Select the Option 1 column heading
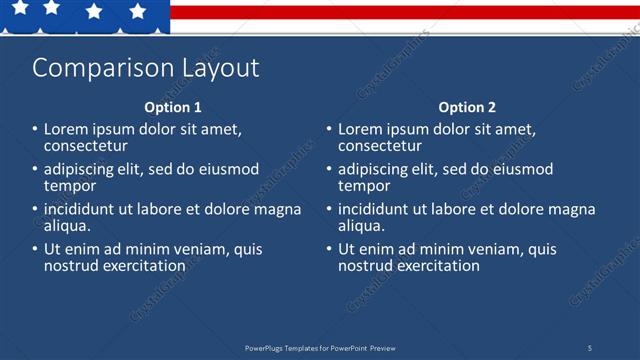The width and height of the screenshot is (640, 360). coord(173,107)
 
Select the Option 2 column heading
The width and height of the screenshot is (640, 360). coord(467,107)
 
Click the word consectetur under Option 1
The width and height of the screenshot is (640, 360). coord(85,146)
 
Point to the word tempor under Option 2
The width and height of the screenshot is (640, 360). coord(364,186)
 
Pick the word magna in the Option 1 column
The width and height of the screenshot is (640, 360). coord(280,210)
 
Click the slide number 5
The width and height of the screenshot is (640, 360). coord(589,347)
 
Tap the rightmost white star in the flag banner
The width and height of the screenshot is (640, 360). coord(138,11)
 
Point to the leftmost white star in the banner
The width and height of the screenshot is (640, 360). coord(19,8)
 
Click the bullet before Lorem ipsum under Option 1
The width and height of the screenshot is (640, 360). coord(35,130)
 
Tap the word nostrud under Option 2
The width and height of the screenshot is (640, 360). coord(363,266)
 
